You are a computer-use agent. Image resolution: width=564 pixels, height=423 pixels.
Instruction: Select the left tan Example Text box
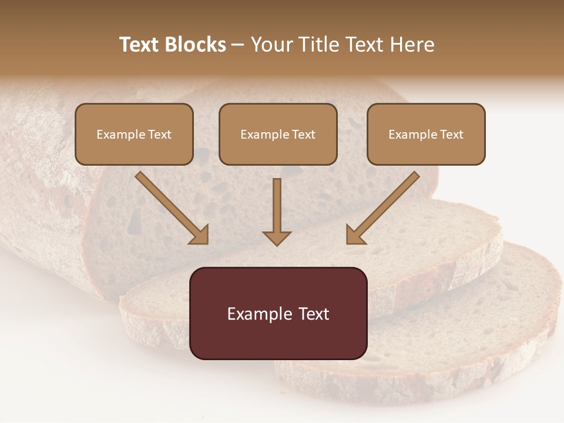(134, 134)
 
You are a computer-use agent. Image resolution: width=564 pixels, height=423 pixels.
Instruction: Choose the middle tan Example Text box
(278, 134)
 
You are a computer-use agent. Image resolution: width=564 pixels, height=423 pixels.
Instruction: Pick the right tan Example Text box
(426, 134)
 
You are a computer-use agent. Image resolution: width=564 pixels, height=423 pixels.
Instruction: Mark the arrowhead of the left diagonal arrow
(200, 234)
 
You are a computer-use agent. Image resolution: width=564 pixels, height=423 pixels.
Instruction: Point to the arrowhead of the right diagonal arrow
(355, 234)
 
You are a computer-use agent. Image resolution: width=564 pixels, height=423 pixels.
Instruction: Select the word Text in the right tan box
(451, 135)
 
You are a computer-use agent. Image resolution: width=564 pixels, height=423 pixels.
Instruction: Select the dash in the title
(238, 45)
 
